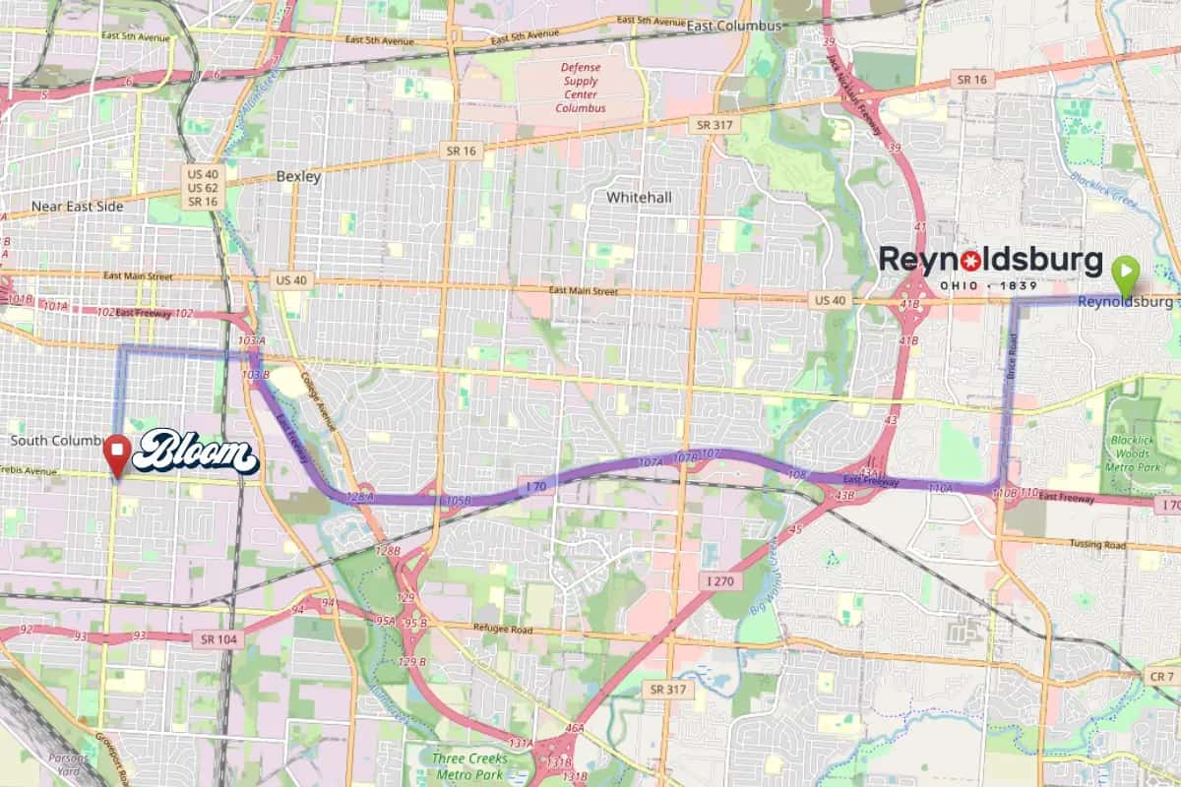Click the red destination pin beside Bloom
pyautogui.click(x=118, y=454)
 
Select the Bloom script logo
pyautogui.click(x=195, y=453)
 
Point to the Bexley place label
pyautogui.click(x=298, y=177)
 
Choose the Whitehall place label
pyautogui.click(x=639, y=198)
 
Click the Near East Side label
pyautogui.click(x=78, y=207)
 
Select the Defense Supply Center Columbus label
pyautogui.click(x=581, y=88)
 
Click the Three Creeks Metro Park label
pyautogui.click(x=469, y=765)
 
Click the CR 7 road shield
pyautogui.click(x=1161, y=677)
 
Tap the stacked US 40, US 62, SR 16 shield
pyautogui.click(x=201, y=187)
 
